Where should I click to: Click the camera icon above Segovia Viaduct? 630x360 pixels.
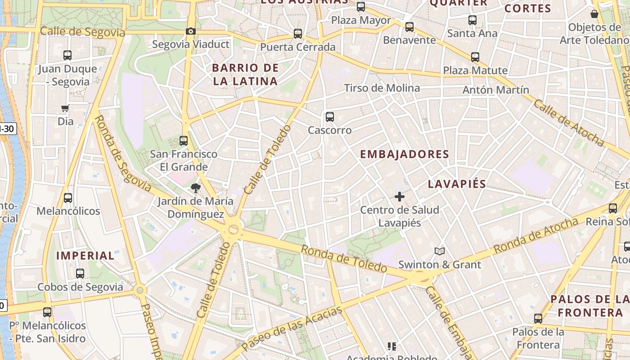pyautogui.click(x=191, y=31)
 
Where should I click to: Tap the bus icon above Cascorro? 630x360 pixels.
pyautogui.click(x=330, y=117)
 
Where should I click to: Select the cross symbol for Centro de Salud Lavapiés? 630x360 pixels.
pyautogui.click(x=399, y=197)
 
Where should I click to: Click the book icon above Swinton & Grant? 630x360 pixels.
pyautogui.click(x=440, y=252)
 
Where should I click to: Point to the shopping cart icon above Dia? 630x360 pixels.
pyautogui.click(x=65, y=108)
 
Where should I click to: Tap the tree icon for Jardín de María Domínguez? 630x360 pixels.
pyautogui.click(x=195, y=188)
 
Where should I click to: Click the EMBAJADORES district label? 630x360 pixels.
pyautogui.click(x=405, y=154)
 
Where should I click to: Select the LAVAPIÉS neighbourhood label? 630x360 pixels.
pyautogui.click(x=457, y=184)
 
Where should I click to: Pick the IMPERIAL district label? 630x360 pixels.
pyautogui.click(x=85, y=256)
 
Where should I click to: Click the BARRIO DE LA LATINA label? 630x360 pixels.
pyautogui.click(x=245, y=75)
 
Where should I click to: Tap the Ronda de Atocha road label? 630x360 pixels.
pyautogui.click(x=535, y=236)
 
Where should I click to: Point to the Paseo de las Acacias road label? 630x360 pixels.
pyautogui.click(x=291, y=329)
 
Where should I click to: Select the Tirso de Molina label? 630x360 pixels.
pyautogui.click(x=382, y=88)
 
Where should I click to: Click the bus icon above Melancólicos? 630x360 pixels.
pyautogui.click(x=68, y=198)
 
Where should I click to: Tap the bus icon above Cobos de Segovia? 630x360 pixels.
pyautogui.click(x=80, y=274)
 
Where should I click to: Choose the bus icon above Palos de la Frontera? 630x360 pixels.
pyautogui.click(x=538, y=319)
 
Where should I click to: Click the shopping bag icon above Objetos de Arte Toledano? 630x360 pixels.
pyautogui.click(x=594, y=14)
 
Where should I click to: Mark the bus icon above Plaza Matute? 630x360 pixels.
pyautogui.click(x=475, y=57)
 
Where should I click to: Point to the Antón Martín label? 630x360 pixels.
pyautogui.click(x=496, y=90)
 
